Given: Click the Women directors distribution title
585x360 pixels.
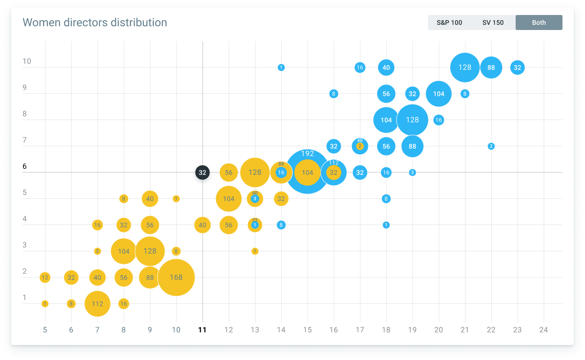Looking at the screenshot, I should (95, 22).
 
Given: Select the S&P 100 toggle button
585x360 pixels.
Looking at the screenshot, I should (449, 22).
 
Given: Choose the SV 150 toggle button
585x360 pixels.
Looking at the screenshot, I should (493, 22).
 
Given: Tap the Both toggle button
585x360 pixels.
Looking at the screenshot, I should (539, 22).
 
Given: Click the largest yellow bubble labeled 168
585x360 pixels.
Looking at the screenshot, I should (176, 277).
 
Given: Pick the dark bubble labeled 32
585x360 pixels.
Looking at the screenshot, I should (202, 172).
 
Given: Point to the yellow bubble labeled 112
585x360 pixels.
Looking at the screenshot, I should (97, 304).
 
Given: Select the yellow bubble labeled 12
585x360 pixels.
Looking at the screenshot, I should (45, 277).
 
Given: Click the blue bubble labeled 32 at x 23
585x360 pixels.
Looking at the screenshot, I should (517, 67).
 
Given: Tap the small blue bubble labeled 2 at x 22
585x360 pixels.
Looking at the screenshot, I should (491, 146).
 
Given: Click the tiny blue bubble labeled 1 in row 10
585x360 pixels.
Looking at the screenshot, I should (281, 67).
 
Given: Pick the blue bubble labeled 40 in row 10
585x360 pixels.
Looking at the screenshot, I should (386, 67).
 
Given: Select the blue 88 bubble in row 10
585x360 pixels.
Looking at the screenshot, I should (491, 67).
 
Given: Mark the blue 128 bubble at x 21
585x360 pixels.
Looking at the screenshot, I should (465, 67).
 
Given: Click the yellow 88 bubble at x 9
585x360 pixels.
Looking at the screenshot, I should (150, 277).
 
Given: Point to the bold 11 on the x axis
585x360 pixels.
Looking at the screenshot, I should (202, 330).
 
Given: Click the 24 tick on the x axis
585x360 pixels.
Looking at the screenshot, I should (543, 330).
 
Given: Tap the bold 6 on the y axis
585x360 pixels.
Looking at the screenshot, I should (25, 166).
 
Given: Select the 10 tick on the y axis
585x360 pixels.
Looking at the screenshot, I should (27, 61).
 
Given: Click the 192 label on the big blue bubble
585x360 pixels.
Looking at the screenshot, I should (307, 154).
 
